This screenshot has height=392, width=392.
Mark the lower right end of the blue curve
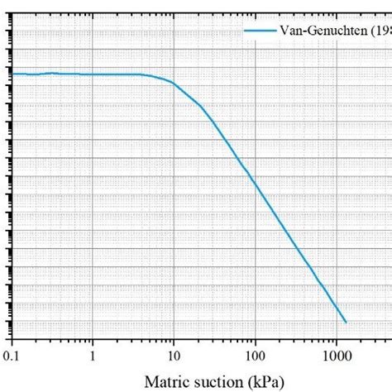[345, 322]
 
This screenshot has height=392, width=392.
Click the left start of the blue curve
[12, 74]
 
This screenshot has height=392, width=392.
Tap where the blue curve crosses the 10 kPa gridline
[174, 83]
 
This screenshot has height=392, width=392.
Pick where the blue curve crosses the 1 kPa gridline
[93, 74]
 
